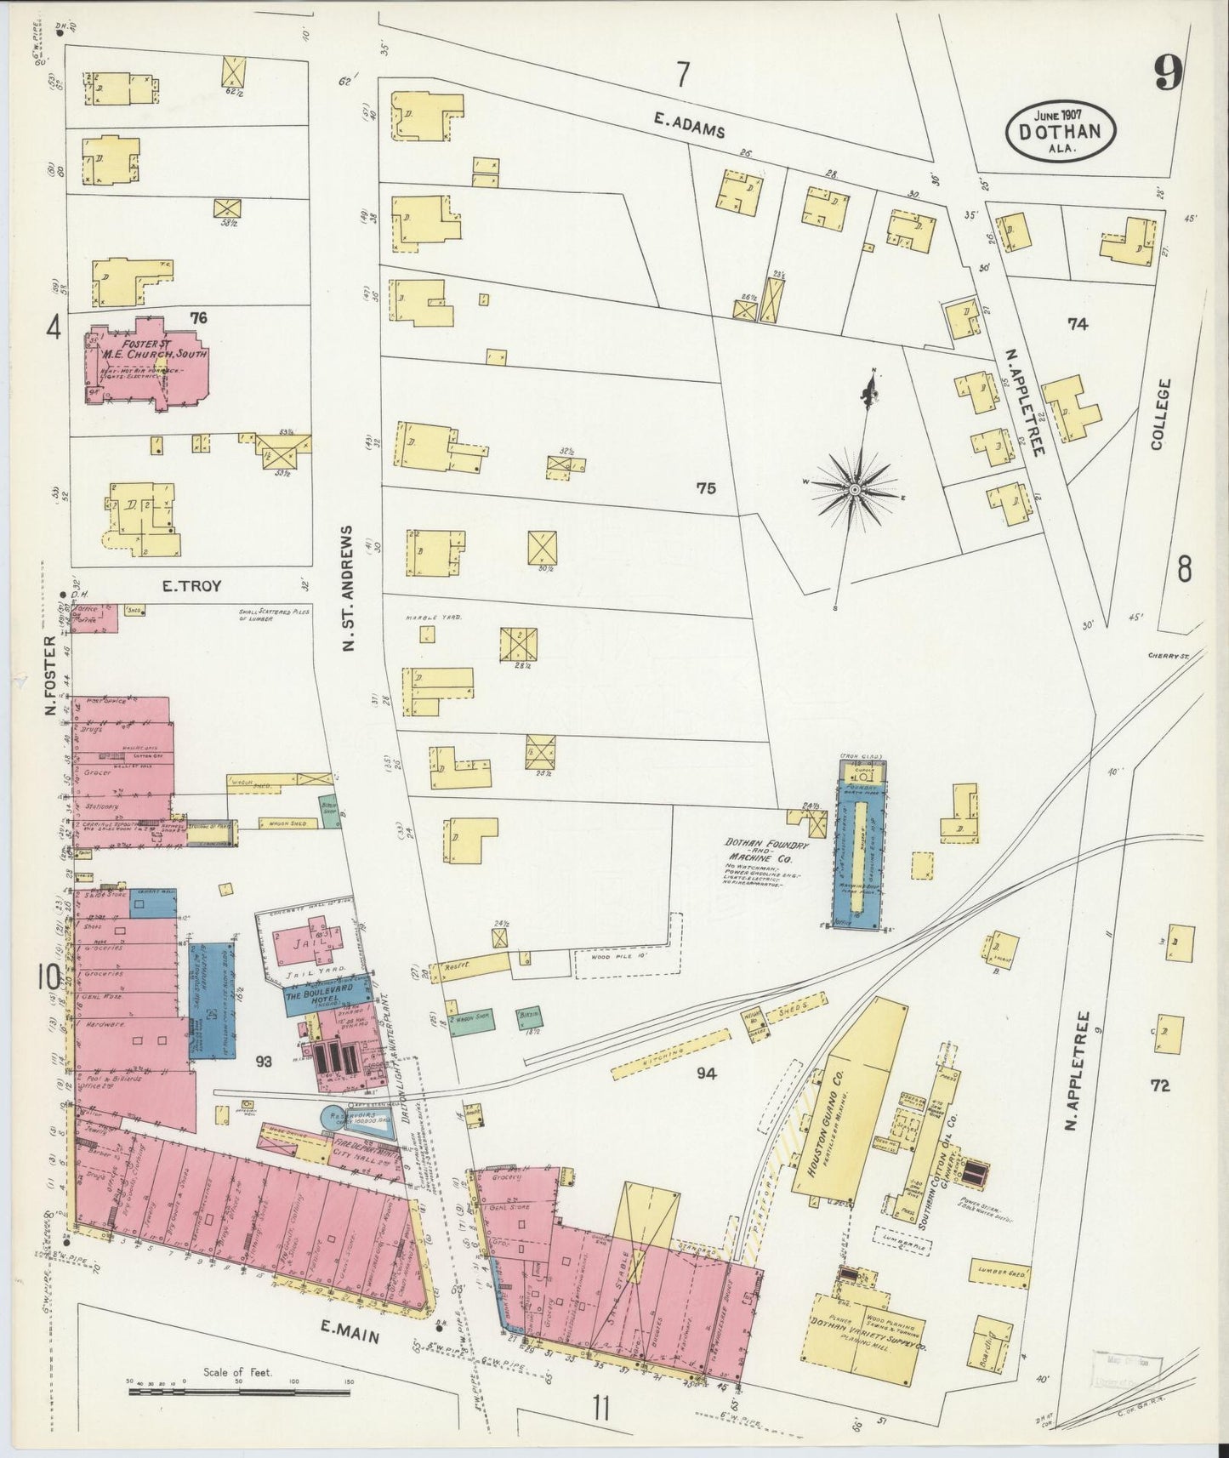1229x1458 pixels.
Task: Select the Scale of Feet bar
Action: click(x=241, y=1393)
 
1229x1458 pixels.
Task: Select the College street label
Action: click(x=1162, y=413)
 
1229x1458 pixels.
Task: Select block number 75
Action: click(x=705, y=488)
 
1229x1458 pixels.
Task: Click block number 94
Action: click(x=705, y=1074)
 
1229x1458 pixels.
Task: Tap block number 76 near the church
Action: click(x=199, y=317)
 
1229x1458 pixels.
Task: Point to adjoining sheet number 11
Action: click(x=602, y=1410)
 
